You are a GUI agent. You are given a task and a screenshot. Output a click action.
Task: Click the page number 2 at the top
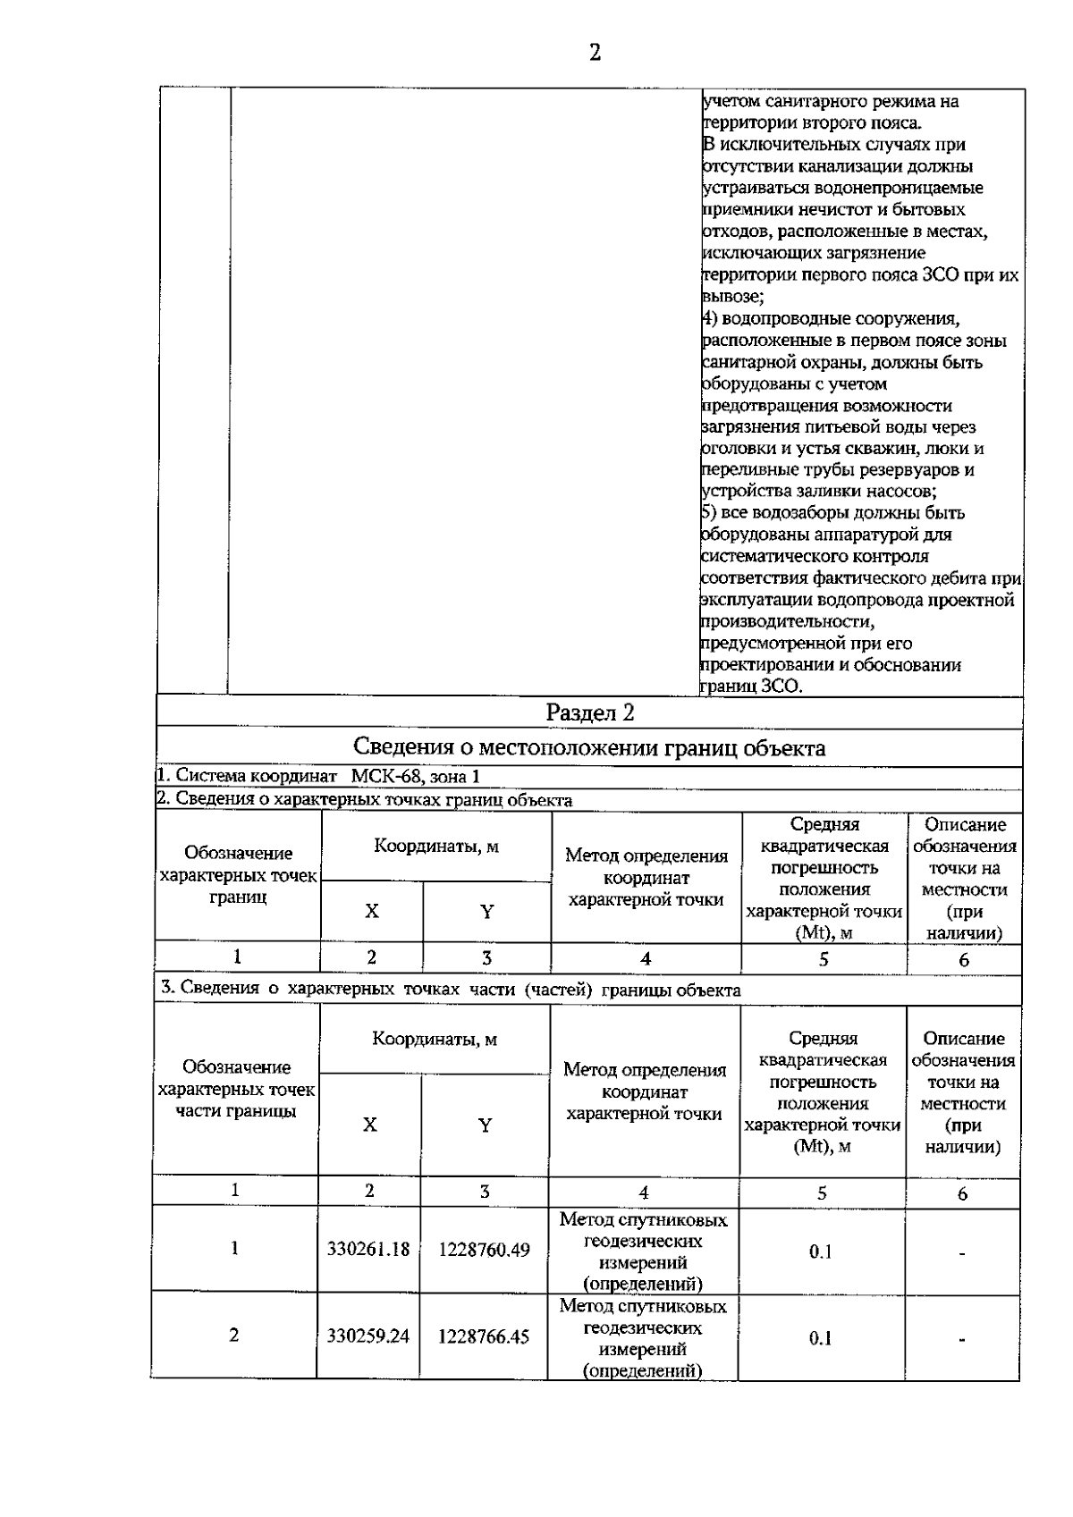coord(595,52)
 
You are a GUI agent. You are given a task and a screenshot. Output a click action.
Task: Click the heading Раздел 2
coord(590,712)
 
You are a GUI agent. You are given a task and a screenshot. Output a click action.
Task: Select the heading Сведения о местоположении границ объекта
coord(589,747)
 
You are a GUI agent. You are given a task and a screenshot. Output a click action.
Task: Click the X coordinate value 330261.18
coord(368,1249)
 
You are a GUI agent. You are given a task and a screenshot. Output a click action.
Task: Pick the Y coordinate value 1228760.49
coord(484,1249)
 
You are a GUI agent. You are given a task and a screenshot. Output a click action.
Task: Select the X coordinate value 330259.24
coord(368,1336)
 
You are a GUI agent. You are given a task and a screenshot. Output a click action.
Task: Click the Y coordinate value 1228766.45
coord(484,1336)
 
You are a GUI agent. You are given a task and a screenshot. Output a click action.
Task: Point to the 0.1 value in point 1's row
coord(821,1252)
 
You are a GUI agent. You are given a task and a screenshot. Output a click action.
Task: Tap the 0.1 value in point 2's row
coord(821,1338)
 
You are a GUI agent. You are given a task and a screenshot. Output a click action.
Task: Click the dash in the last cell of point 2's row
coord(962,1339)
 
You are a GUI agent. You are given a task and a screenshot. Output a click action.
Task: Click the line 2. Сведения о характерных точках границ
coord(365,799)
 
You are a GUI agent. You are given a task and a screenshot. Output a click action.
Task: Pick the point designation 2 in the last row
coord(234,1335)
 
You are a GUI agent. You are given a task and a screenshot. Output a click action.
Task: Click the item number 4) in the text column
coord(708,319)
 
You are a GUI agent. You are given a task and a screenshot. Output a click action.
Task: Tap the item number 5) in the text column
coord(708,513)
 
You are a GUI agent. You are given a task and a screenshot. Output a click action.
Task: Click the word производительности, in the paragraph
coord(787,621)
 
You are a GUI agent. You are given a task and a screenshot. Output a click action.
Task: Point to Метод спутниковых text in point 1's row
coord(643,1220)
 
